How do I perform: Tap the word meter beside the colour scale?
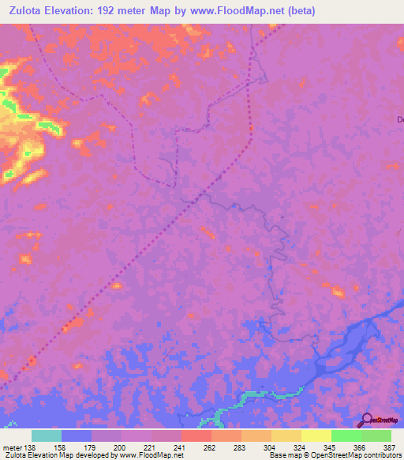pos(10,448)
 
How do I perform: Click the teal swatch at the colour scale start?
pos(47,435)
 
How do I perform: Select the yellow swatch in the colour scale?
pos(316,435)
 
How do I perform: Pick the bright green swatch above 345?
pos(346,435)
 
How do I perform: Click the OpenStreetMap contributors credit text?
pos(356,456)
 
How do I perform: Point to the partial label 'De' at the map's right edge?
pos(399,119)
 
